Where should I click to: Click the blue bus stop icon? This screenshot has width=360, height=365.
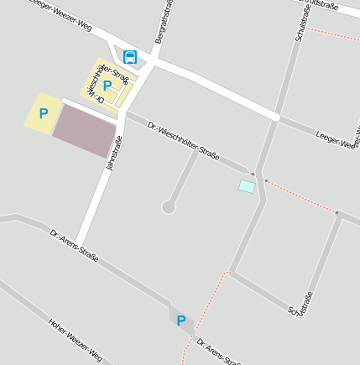tap(130, 57)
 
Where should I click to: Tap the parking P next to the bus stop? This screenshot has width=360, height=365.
tap(107, 85)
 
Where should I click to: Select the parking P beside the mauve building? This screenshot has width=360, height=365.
tap(43, 113)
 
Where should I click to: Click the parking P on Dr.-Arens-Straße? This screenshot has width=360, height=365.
tap(181, 320)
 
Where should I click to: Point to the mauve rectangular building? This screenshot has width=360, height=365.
tap(84, 131)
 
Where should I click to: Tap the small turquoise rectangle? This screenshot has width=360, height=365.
tap(247, 186)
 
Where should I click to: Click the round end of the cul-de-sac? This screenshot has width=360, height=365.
tap(169, 206)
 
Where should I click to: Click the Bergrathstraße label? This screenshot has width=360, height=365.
tap(165, 22)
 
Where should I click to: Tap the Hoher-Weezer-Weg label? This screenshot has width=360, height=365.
tap(75, 339)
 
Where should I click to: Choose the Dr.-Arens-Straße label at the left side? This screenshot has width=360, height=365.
tap(74, 245)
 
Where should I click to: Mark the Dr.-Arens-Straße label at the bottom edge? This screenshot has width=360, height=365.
tap(217, 352)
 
